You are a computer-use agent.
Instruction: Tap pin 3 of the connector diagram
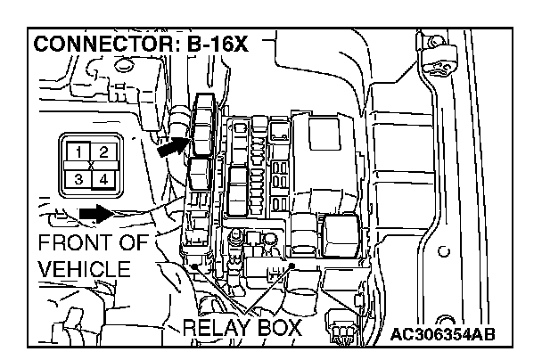tap(80, 179)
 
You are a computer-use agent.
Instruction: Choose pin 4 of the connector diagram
tap(103, 179)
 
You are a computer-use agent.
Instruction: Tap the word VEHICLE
tap(85, 269)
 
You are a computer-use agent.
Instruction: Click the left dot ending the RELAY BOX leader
tap(193, 266)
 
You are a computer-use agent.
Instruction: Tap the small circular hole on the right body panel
tap(443, 252)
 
